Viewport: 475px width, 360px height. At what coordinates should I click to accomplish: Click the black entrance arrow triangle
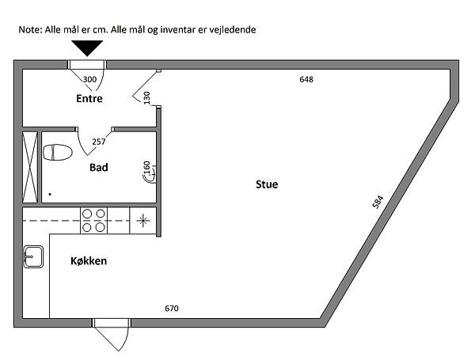(x=87, y=47)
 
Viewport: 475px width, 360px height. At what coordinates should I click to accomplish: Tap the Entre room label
(x=89, y=98)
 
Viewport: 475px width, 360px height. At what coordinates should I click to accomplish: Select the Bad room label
(x=99, y=168)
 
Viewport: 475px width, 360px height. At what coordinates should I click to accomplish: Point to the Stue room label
(x=267, y=184)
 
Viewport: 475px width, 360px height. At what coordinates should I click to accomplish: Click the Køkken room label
(x=89, y=261)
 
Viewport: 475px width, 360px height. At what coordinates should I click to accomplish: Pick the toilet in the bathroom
(x=58, y=152)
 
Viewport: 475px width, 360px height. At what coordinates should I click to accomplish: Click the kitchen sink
(x=33, y=257)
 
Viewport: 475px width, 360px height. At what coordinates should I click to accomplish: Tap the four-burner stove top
(x=93, y=221)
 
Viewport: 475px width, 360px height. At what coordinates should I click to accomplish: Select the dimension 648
(x=306, y=79)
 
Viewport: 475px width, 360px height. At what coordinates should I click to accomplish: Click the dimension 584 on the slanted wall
(x=378, y=203)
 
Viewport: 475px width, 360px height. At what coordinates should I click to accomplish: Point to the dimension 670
(x=172, y=309)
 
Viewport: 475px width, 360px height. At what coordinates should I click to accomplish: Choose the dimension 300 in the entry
(x=89, y=79)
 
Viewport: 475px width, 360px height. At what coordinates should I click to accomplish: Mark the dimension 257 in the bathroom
(x=99, y=142)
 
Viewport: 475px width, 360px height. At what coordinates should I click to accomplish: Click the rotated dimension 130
(x=146, y=98)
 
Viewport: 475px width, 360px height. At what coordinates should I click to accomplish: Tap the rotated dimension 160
(x=146, y=168)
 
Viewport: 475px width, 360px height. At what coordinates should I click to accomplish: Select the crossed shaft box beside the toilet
(x=30, y=167)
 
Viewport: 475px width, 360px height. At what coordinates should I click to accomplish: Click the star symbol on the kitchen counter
(x=143, y=221)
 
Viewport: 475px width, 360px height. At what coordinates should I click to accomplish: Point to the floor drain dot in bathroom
(x=50, y=194)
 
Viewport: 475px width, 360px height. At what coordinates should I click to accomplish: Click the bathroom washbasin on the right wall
(x=150, y=175)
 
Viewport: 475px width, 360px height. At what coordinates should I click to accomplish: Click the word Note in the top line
(x=29, y=30)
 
